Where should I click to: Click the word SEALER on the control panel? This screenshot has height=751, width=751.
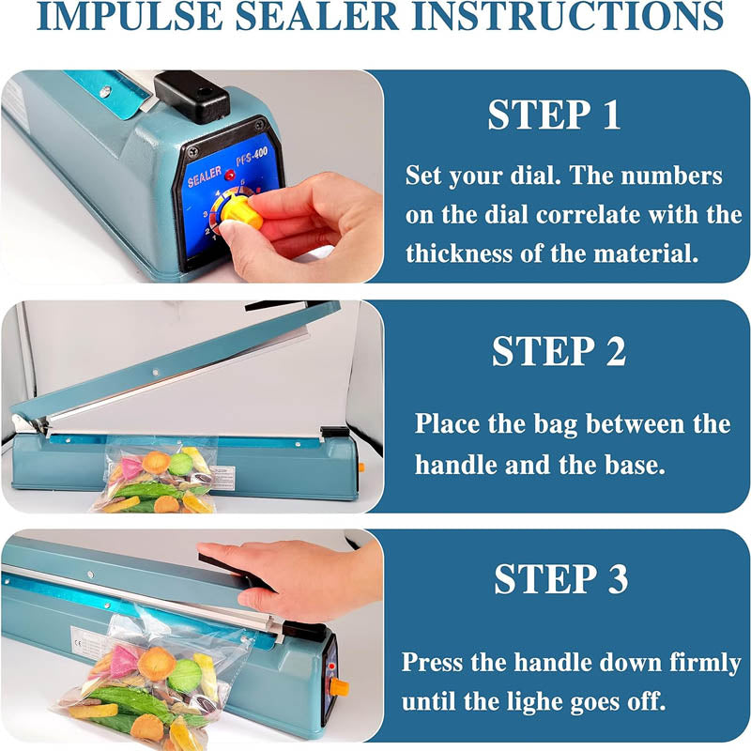click(x=205, y=176)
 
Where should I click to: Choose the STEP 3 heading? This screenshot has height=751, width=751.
click(x=560, y=579)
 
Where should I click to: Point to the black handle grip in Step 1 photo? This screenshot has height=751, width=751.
click(x=192, y=93)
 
